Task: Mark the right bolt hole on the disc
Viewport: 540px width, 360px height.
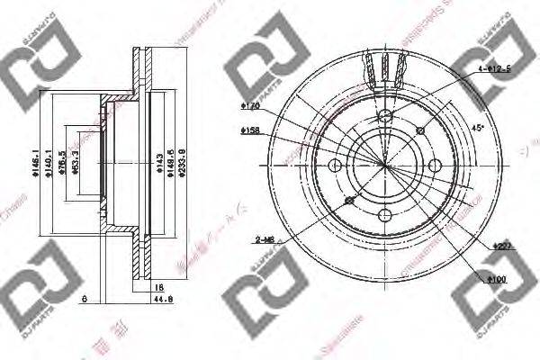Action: [435, 166]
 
